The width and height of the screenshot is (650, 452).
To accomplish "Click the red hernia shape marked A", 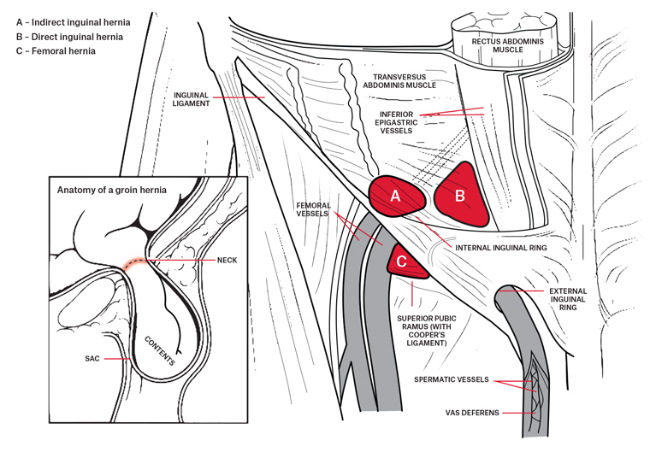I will (x=396, y=196).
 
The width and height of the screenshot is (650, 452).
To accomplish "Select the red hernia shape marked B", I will (x=460, y=196).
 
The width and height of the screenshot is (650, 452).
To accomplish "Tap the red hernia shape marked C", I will (x=403, y=261).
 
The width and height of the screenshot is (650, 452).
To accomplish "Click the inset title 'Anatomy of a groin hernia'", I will (x=110, y=189).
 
